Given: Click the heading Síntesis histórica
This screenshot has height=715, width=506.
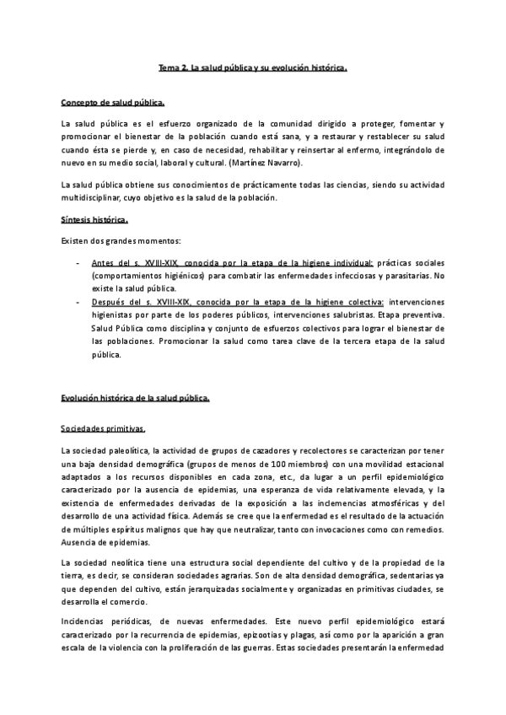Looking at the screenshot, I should [x=94, y=221].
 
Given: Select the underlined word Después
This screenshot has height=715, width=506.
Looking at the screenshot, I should [x=109, y=301].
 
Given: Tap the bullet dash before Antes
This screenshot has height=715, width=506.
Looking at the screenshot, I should [x=78, y=263].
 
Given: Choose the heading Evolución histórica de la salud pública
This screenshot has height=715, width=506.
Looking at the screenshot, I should [x=141, y=398].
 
